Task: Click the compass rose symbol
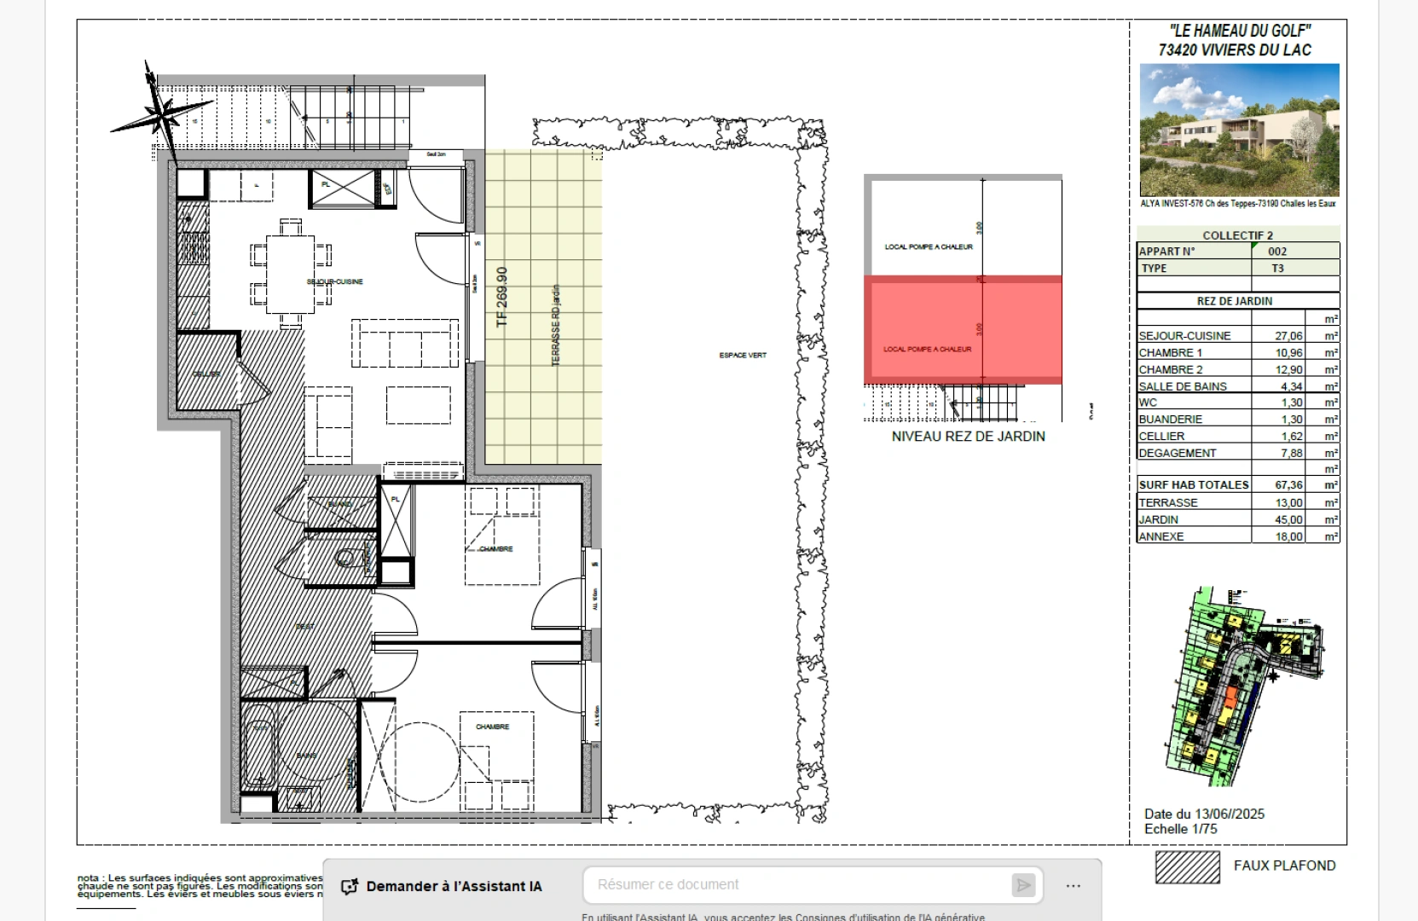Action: coord(160,112)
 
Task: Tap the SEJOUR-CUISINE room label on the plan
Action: coord(335,281)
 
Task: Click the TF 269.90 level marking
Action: coord(502,297)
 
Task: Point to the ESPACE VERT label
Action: coord(743,355)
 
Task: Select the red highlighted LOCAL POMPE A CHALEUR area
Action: coord(963,330)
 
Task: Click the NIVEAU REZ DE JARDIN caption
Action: coord(968,436)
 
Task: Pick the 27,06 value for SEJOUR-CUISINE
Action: coord(1288,336)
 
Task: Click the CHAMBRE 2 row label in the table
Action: coord(1171,369)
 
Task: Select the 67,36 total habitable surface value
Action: coord(1288,484)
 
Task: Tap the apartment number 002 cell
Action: coord(1277,251)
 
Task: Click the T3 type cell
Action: coord(1277,268)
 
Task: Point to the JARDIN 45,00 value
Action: coord(1288,519)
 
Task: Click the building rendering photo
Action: coord(1239,130)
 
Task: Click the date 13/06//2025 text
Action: coord(1204,814)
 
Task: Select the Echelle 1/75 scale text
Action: coord(1181,829)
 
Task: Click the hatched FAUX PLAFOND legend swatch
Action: coord(1188,866)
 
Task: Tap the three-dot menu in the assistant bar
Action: coord(1074,886)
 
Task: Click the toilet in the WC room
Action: coord(346,559)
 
